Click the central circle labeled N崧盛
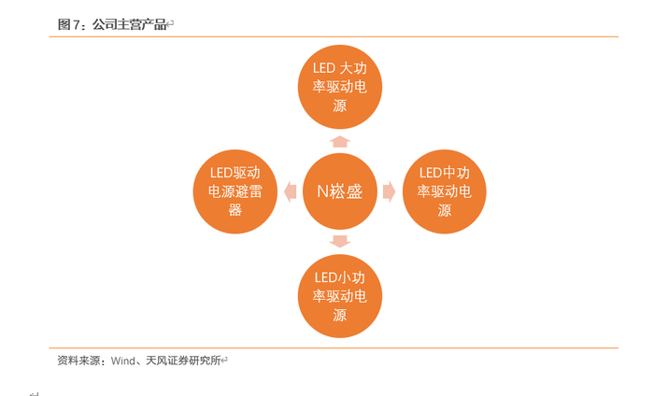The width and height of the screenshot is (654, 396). [339, 191]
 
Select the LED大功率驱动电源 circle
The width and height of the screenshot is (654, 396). [339, 86]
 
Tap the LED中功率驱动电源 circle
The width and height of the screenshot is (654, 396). [444, 191]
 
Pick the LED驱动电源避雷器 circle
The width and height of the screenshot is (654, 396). [235, 191]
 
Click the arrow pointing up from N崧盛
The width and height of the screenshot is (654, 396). [339, 141]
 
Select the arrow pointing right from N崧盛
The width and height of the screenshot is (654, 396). [390, 191]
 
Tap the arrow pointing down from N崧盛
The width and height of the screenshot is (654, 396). [339, 242]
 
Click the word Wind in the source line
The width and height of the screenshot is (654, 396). [124, 360]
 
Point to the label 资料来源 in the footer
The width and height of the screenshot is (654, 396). [78, 360]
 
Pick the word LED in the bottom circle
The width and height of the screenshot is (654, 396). [324, 277]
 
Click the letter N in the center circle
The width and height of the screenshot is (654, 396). [323, 191]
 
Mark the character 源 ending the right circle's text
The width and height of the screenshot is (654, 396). [444, 210]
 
